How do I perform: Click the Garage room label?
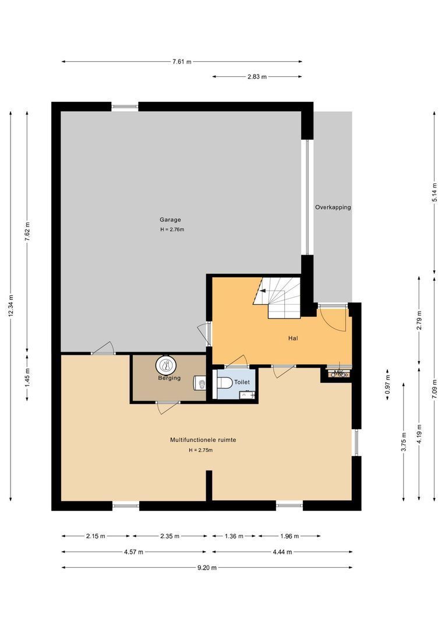click(170, 220)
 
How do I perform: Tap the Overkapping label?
click(333, 207)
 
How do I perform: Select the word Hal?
click(293, 338)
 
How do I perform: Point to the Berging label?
click(169, 378)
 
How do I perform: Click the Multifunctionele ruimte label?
click(203, 440)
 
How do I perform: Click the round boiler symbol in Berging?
click(165, 365)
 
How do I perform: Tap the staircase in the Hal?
click(278, 297)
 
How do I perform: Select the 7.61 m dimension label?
click(182, 62)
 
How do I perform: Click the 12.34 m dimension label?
click(11, 306)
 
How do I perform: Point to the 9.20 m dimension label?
click(207, 568)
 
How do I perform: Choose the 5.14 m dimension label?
click(435, 193)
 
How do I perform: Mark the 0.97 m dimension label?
click(387, 384)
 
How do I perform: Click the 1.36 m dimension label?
click(234, 536)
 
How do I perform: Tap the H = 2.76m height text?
click(172, 230)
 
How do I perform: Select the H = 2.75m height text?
click(200, 450)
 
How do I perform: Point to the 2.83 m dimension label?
click(257, 77)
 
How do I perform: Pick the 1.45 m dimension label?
click(27, 378)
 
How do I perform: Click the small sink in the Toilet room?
click(246, 395)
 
